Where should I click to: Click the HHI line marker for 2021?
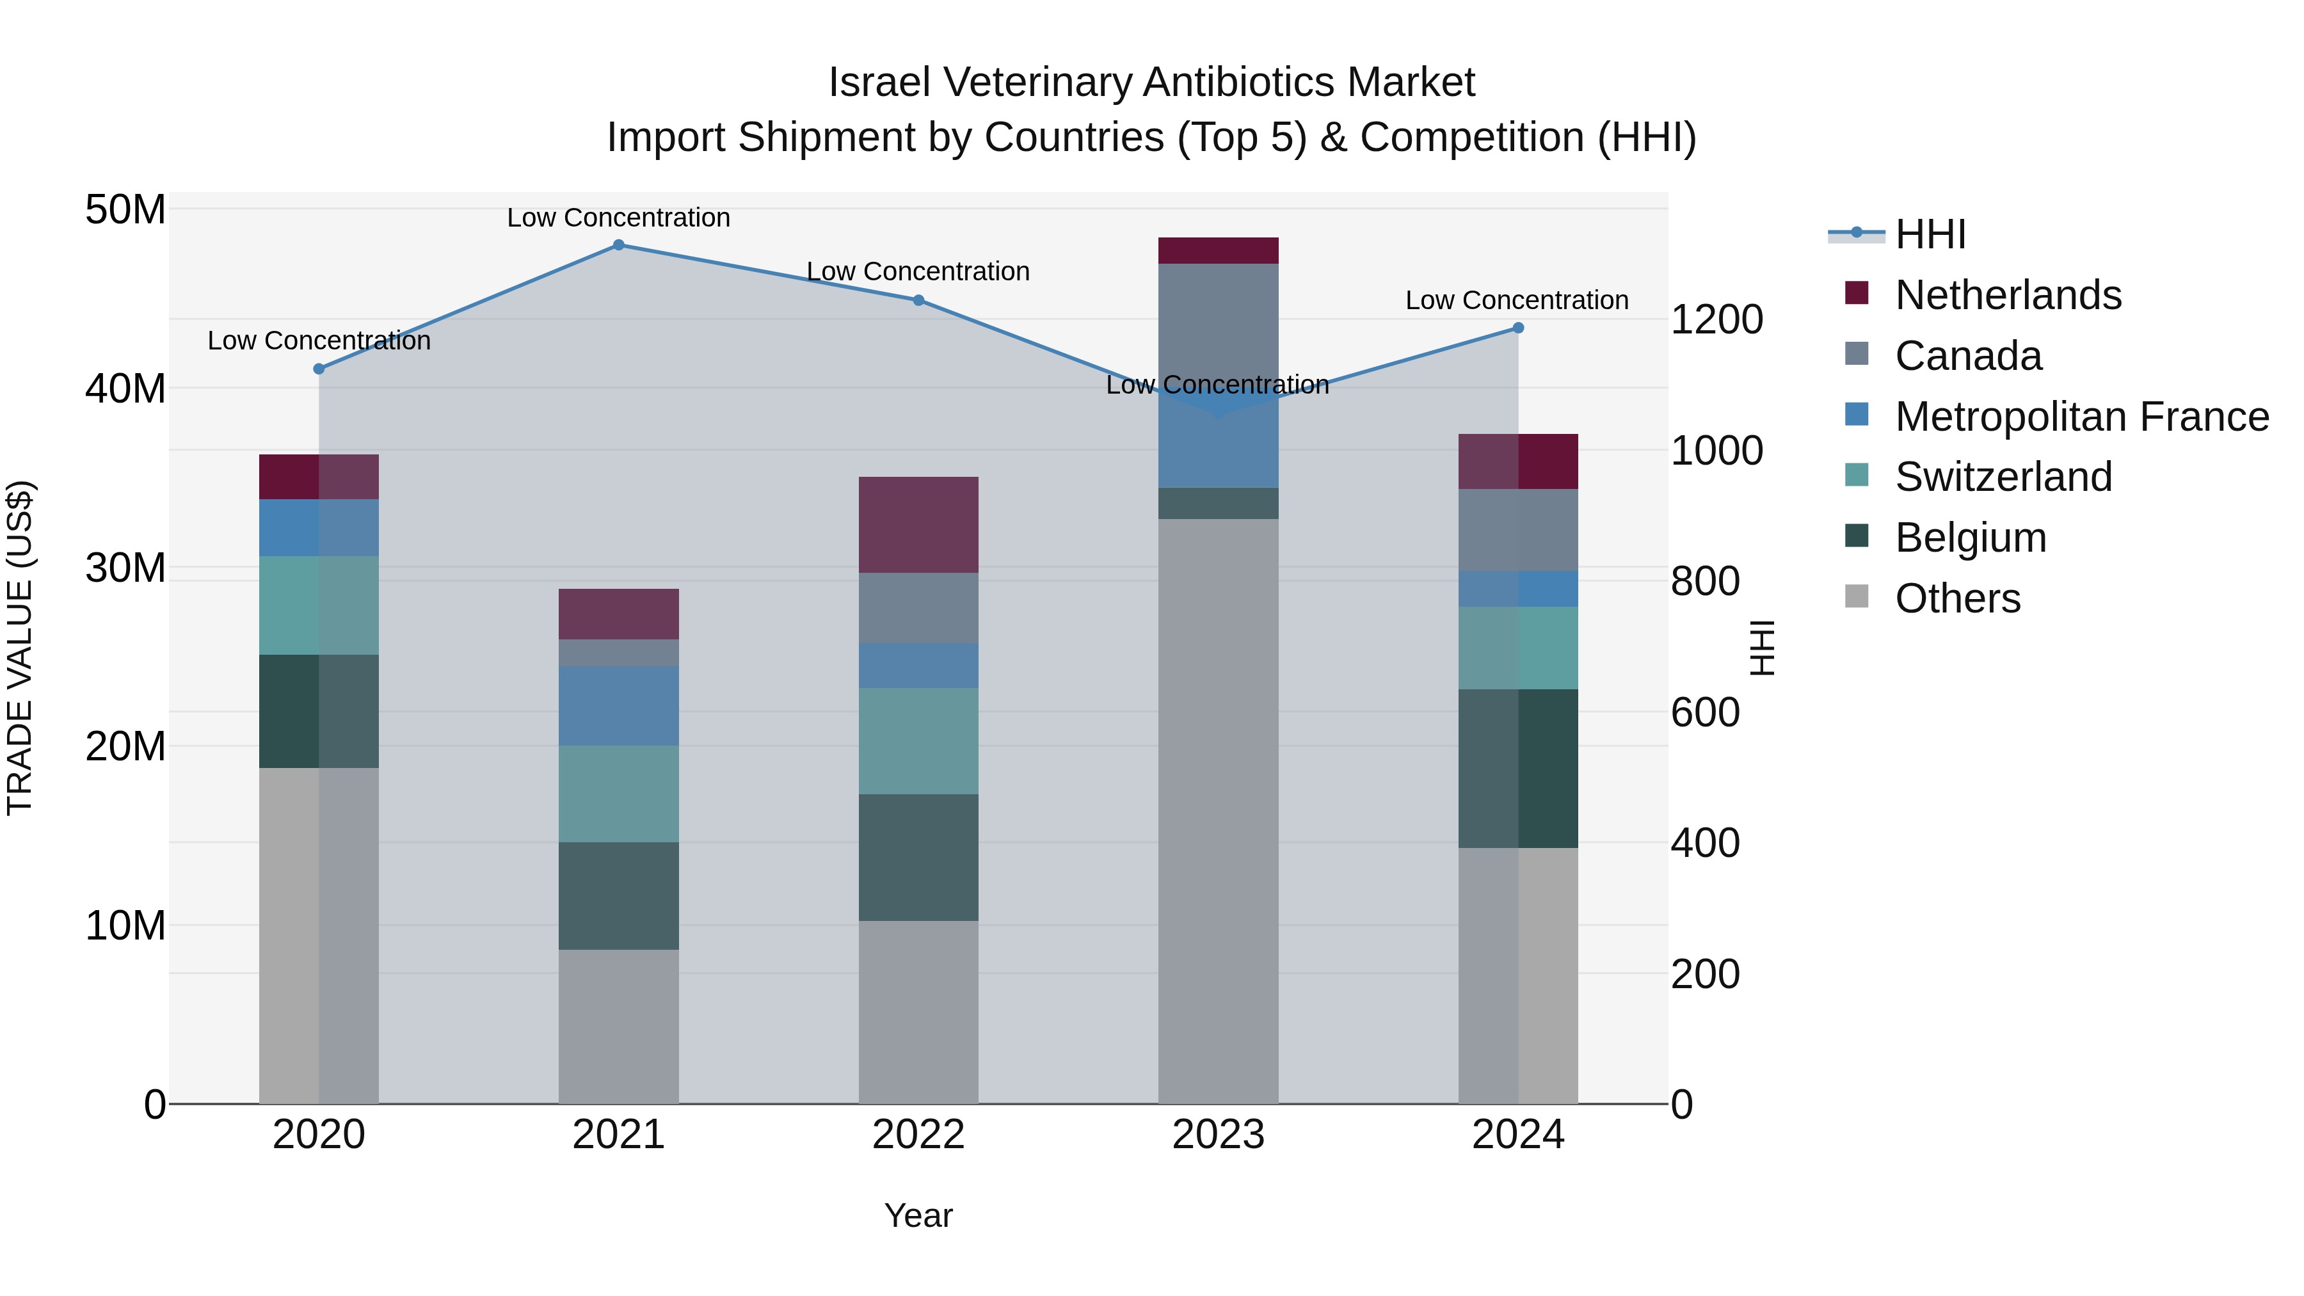pos(618,245)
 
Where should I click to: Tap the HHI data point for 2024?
pos(1518,328)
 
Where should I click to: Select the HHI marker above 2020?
pos(319,369)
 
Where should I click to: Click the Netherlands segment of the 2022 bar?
pos(918,525)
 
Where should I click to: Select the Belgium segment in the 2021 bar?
pos(618,895)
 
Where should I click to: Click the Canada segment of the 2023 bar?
pos(1218,326)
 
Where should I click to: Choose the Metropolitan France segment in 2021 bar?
pos(618,706)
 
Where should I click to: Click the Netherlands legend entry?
pos(2007,295)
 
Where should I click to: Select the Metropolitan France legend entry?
pos(2081,417)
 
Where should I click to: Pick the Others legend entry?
pos(1957,598)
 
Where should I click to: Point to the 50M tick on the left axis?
pos(125,210)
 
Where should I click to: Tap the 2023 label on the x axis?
pos(1218,1135)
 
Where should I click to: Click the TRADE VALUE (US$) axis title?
pos(20,648)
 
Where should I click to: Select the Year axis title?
pos(918,1215)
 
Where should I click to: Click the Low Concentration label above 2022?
pos(918,271)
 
